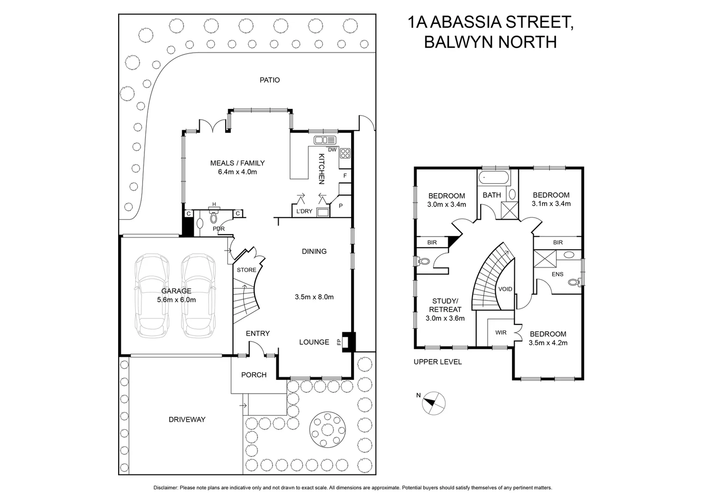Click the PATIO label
point(269,80)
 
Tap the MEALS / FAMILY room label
point(237,163)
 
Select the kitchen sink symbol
point(326,140)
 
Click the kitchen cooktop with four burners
point(345,152)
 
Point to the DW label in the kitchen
point(332,150)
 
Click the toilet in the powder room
point(214,217)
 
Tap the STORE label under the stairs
point(246,270)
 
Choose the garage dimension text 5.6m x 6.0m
point(176,299)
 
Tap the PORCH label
point(254,375)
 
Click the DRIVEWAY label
point(187,420)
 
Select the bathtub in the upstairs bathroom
point(493,177)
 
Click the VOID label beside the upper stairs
point(505,289)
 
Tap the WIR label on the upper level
point(501,332)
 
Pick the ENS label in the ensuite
point(557,274)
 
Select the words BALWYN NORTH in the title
point(490,42)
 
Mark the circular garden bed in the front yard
point(328,426)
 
